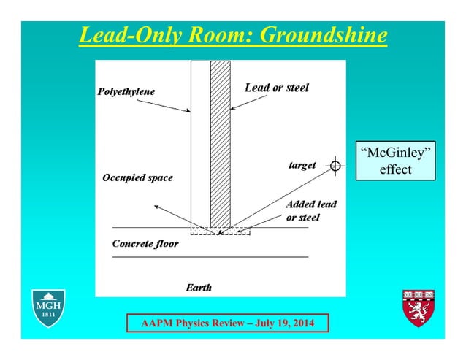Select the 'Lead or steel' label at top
pyautogui.click(x=276, y=88)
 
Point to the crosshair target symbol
pyautogui.click(x=335, y=166)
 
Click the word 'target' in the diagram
pyautogui.click(x=302, y=166)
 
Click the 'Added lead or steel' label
pyautogui.click(x=310, y=210)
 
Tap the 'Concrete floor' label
pyautogui.click(x=145, y=243)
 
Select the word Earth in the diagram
pyautogui.click(x=199, y=288)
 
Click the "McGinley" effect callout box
pyautogui.click(x=395, y=161)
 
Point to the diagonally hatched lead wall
pyautogui.click(x=220, y=146)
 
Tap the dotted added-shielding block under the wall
pyautogui.click(x=220, y=231)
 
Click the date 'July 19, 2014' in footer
pyautogui.click(x=281, y=323)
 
